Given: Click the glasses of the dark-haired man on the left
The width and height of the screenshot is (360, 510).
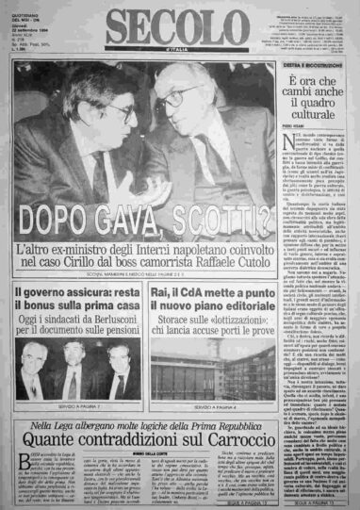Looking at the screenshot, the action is pos(117,111).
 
